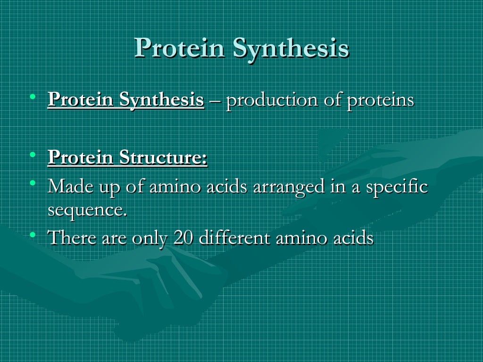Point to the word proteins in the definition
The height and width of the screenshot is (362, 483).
tap(381, 100)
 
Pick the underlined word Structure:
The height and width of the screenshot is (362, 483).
tap(163, 157)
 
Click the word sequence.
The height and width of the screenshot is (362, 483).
tap(87, 209)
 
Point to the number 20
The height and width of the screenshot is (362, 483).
tap(183, 238)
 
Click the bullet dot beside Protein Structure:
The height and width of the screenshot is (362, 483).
tap(32, 154)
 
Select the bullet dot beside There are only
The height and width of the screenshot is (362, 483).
tap(32, 234)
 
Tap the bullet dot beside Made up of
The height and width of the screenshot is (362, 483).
tap(32, 182)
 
